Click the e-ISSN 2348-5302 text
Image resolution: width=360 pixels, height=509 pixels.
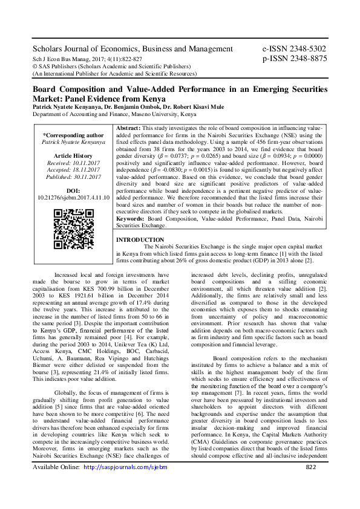click(x=294, y=49)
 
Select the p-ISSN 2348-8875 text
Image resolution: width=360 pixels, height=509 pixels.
click(x=294, y=59)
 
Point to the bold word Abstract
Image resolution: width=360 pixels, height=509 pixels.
click(x=127, y=129)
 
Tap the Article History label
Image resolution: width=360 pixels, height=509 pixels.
click(x=73, y=156)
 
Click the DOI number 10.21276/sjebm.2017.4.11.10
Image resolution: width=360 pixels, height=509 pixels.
click(x=73, y=197)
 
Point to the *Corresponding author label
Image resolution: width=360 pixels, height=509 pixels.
click(x=73, y=135)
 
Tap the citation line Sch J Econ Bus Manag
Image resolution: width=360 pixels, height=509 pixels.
click(x=87, y=59)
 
